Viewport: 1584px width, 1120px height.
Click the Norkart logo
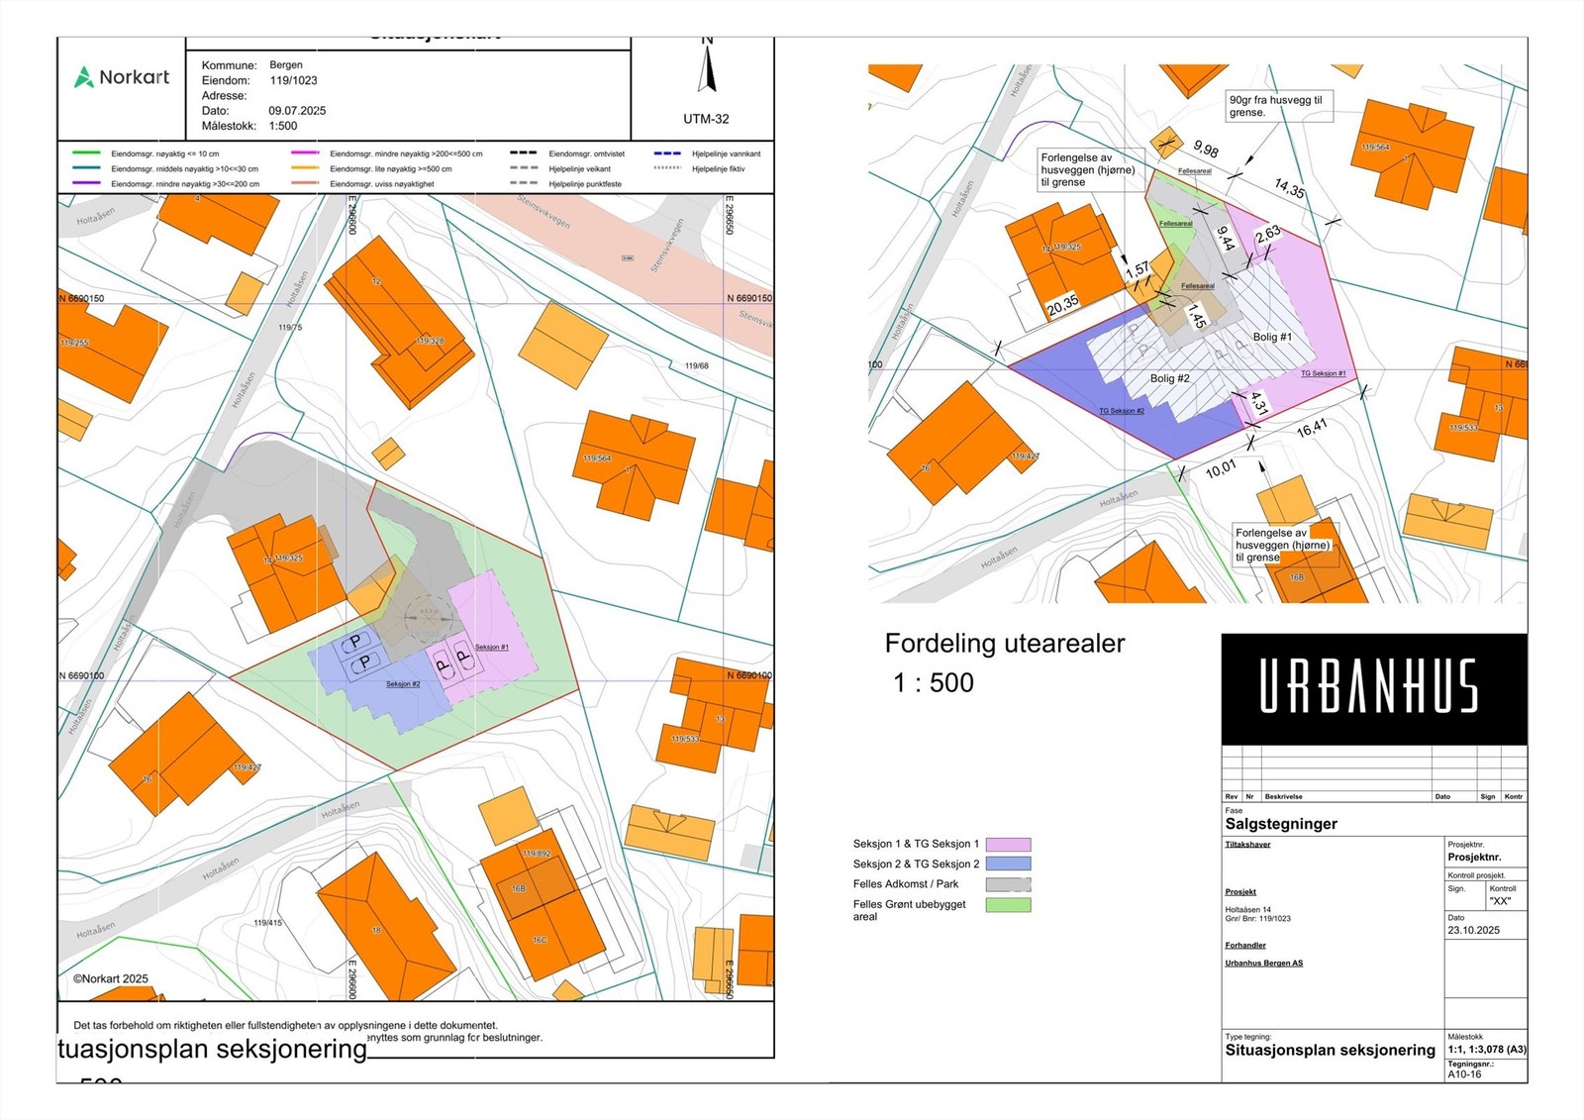point(123,77)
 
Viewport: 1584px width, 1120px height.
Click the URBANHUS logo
point(1368,687)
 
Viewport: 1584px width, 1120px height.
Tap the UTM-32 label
point(706,119)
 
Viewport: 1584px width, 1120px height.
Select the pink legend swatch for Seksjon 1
point(1008,845)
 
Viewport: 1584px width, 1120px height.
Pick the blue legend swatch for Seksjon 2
point(1008,865)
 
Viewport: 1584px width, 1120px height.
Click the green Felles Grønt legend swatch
point(1008,905)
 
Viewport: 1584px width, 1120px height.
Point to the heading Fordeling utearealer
point(1004,644)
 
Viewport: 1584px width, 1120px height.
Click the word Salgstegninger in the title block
point(1281,824)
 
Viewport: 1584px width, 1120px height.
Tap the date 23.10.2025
point(1473,931)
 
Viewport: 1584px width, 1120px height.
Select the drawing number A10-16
point(1464,1074)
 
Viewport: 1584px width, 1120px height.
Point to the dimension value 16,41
point(1312,428)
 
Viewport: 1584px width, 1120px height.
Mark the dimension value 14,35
point(1289,187)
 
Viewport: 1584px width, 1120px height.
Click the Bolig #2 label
point(1169,378)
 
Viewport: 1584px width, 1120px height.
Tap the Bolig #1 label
point(1272,337)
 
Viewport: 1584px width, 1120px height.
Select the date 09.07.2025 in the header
point(297,111)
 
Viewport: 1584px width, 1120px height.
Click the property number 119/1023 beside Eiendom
point(293,81)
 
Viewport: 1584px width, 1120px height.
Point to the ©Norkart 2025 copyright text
point(111,979)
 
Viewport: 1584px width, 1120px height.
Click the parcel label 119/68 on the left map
point(696,366)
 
